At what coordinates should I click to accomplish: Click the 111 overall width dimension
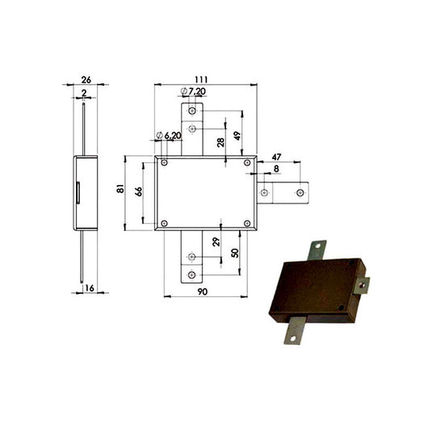pyautogui.click(x=201, y=79)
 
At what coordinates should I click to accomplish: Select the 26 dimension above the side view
pyautogui.click(x=86, y=79)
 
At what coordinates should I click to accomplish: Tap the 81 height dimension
pyautogui.click(x=121, y=189)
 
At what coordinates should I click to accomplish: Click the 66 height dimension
pyautogui.click(x=138, y=191)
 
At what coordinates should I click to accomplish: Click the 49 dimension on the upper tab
pyautogui.click(x=237, y=135)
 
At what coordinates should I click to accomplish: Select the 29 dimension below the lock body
pyautogui.click(x=216, y=242)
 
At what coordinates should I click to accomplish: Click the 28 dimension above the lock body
pyautogui.click(x=220, y=142)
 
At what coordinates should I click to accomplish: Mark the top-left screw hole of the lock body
pyautogui.click(x=165, y=163)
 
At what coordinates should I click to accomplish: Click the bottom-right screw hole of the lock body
pyautogui.click(x=247, y=223)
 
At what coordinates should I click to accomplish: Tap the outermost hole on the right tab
pyautogui.click(x=300, y=192)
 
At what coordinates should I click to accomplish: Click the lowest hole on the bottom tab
pyautogui.click(x=191, y=275)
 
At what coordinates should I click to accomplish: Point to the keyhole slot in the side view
pyautogui.click(x=78, y=192)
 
